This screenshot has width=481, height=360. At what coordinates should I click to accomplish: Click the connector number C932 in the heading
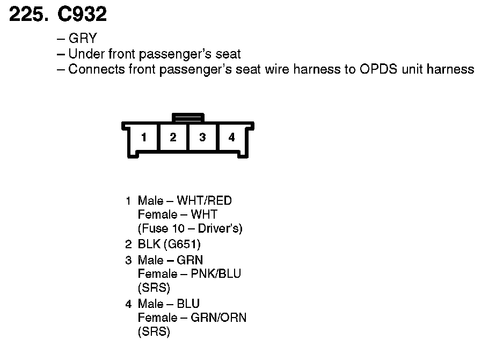coord(82,15)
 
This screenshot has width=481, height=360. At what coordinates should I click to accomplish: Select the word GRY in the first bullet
coord(82,39)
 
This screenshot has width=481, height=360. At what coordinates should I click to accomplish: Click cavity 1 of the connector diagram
coord(144,138)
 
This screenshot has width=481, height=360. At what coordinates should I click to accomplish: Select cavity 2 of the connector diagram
coord(173,138)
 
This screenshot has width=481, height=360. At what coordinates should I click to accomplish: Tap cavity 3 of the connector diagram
coord(202,138)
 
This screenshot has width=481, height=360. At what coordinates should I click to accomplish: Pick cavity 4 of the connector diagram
coord(231,138)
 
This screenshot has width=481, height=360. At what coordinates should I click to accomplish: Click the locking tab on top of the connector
coord(187,117)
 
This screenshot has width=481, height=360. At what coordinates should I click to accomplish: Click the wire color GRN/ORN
coord(218,318)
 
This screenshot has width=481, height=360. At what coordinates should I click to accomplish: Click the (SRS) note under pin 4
coord(154,332)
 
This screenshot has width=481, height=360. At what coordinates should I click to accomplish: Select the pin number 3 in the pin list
coord(128,260)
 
